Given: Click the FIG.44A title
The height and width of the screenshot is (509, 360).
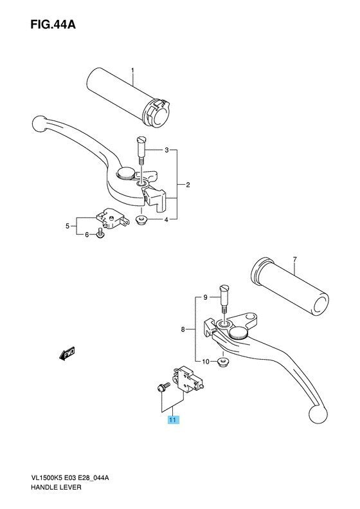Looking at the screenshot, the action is (x=53, y=24).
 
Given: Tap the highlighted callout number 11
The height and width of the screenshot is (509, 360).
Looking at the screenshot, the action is (x=173, y=420).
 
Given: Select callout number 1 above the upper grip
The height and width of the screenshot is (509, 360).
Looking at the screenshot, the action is (x=132, y=70).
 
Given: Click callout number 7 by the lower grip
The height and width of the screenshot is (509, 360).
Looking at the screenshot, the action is (x=294, y=259).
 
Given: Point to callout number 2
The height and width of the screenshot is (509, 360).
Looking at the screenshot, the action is (x=188, y=185).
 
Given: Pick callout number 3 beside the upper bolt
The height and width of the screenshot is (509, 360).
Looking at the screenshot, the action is (x=166, y=150).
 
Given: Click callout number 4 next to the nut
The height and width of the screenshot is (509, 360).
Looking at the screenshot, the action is (x=166, y=220).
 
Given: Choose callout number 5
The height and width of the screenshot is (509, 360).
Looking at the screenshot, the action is (x=67, y=226).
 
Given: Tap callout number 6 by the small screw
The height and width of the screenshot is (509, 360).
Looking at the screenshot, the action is (x=87, y=235).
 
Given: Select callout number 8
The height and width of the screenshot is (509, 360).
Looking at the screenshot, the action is (x=183, y=330).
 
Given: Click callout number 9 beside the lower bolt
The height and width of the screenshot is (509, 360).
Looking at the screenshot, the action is (x=205, y=297).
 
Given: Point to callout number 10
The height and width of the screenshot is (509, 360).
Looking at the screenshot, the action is (x=206, y=362).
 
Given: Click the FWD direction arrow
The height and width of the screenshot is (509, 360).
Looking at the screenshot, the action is (x=67, y=353).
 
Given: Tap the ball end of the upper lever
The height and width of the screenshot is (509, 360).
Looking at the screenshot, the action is (x=40, y=124).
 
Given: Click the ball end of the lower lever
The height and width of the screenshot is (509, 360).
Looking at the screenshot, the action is (x=318, y=413).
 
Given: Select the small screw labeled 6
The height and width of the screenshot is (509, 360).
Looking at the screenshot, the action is (x=100, y=233).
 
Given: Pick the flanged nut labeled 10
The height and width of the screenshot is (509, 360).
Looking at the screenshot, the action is (x=222, y=362).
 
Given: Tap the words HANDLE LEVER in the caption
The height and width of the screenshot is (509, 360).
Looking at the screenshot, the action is (x=56, y=487).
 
